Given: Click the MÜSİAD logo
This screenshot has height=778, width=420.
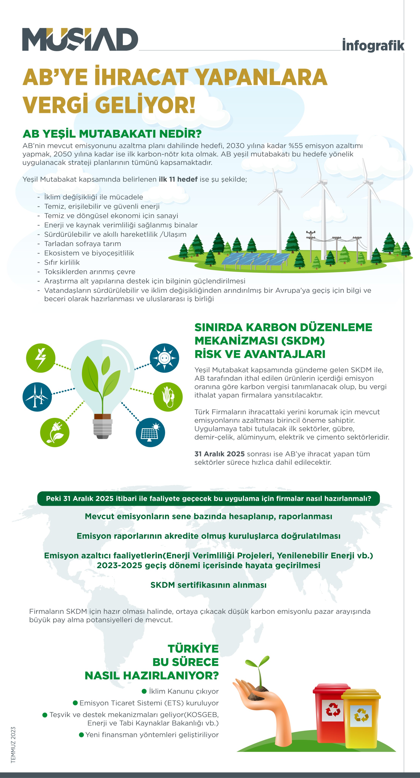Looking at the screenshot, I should coord(80,39).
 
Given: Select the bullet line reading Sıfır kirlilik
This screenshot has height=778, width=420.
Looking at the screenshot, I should coord(62,262).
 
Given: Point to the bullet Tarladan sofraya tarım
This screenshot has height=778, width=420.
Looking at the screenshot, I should coord(82,244).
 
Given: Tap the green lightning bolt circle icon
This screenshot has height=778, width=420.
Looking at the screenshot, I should coord(41,358).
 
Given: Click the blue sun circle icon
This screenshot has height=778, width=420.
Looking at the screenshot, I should coord(165,358).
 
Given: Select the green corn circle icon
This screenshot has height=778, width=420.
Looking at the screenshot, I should coord(168,397).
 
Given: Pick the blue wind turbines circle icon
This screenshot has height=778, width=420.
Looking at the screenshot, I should coord(37,397).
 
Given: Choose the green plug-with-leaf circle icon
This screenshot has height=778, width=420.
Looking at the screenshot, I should coord(55,432).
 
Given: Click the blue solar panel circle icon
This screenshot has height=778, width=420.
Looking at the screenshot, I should coord(150,432).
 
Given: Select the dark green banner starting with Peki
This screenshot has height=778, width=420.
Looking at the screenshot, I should coord(208,498).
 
